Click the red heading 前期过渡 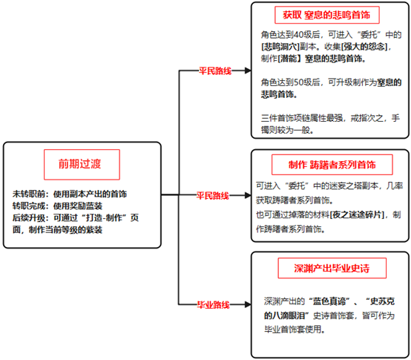(79, 164)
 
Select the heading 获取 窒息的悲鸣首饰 (326, 15)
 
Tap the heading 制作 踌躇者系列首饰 (332, 165)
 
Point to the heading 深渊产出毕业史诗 (332, 268)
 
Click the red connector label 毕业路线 (214, 304)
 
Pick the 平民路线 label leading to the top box (215, 71)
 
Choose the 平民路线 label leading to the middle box (213, 195)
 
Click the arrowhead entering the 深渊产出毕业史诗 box (248, 304)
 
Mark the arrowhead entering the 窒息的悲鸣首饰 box (248, 71)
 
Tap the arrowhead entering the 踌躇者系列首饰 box (248, 195)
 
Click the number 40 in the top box (298, 35)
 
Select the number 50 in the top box (298, 82)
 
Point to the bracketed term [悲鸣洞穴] (280, 47)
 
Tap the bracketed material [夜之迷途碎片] (357, 215)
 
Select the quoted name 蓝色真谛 (329, 301)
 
